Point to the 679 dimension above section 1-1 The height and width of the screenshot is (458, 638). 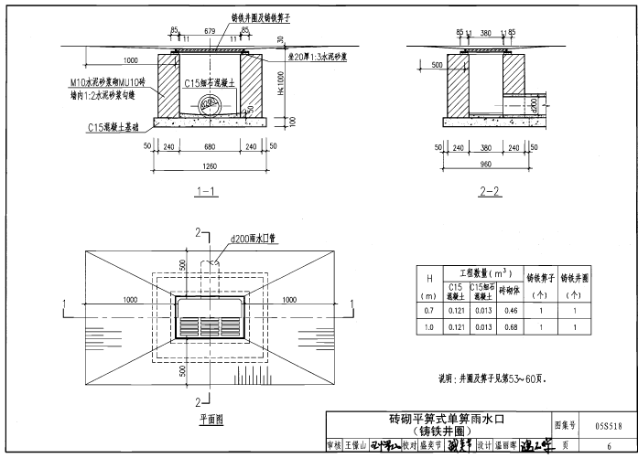tap(210, 31)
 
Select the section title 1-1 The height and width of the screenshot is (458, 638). tap(205, 192)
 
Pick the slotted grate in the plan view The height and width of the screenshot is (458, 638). tap(210, 323)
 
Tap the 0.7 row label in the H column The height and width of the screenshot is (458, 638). tap(427, 311)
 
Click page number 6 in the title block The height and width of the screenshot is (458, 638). tap(608, 444)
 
